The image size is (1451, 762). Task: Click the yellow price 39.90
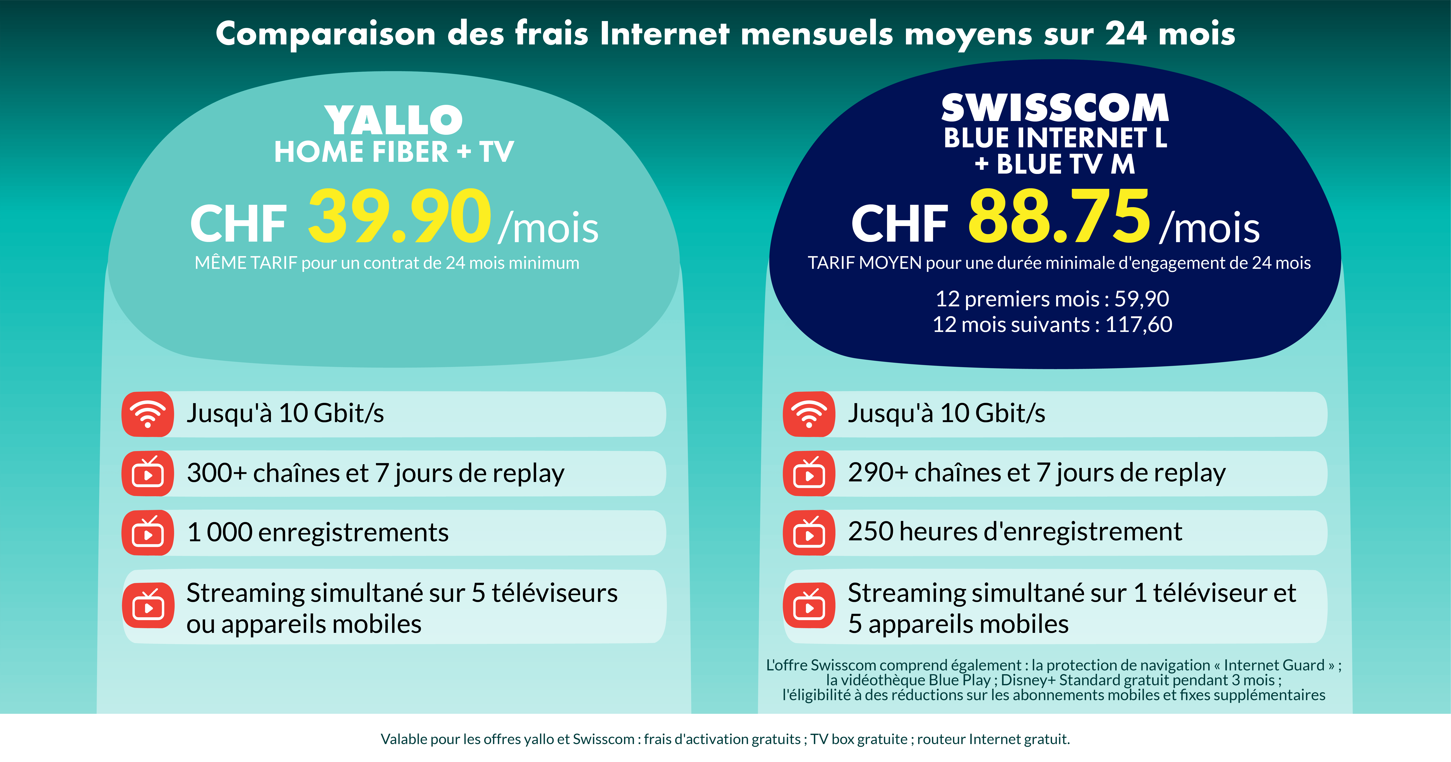tap(399, 217)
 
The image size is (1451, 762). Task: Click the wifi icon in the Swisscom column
tap(809, 414)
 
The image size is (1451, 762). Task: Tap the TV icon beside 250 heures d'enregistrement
tap(809, 532)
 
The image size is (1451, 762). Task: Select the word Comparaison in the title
tap(326, 34)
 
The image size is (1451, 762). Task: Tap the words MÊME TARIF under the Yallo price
tap(246, 263)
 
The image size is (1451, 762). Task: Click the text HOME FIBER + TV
tap(394, 152)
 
